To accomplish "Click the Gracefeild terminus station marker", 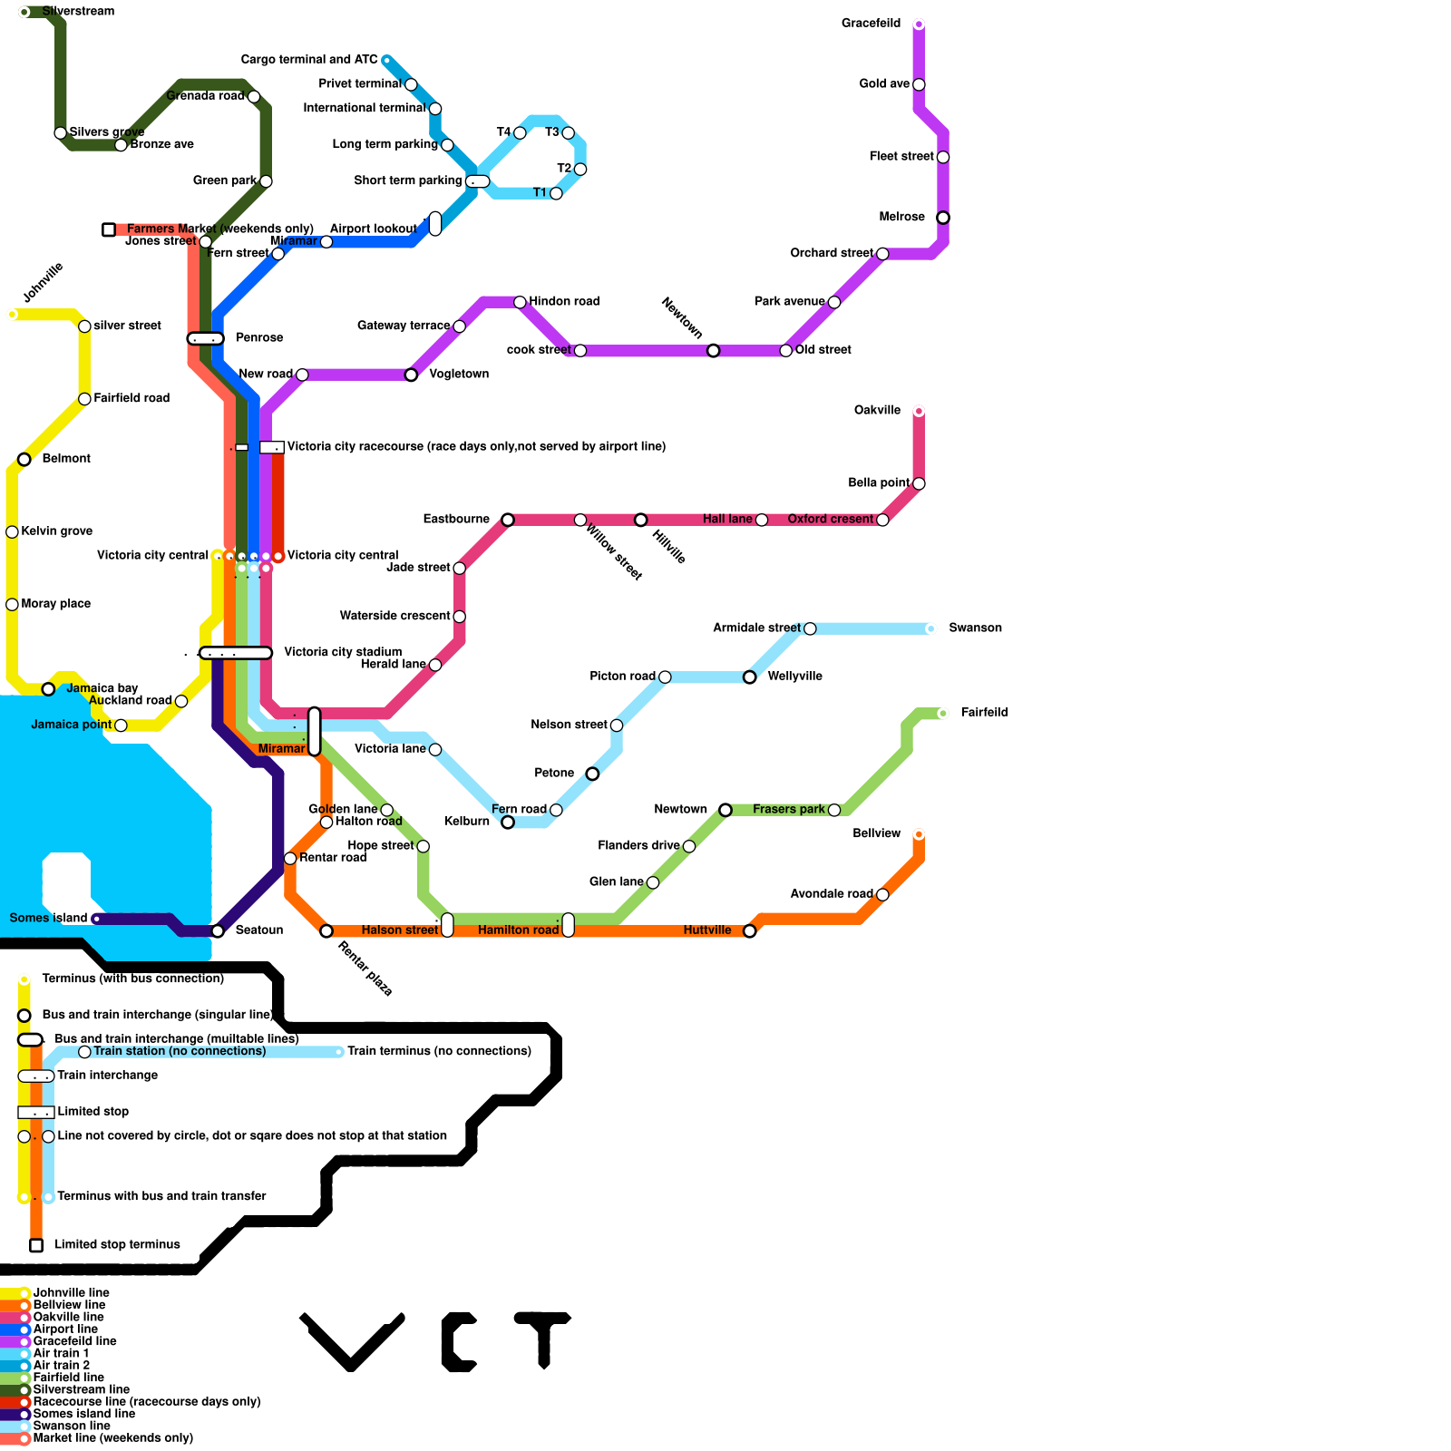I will point(919,24).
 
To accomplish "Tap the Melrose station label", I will point(901,217).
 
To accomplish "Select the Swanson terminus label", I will point(975,628).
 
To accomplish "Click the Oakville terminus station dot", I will point(919,412).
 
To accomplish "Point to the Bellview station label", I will point(876,833).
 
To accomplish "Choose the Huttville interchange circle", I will point(749,931).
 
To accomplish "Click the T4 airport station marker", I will point(520,133).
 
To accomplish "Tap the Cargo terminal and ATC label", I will point(308,60).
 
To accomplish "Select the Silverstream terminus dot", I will point(24,12).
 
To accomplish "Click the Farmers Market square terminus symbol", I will point(109,230).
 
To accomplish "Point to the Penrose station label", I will point(259,337).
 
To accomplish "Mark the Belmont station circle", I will point(24,460).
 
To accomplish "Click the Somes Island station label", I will point(48,918).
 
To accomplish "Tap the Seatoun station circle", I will point(218,931).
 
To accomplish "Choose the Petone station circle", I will point(592,774).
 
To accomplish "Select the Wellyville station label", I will point(794,676).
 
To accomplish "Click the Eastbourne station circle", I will point(508,520).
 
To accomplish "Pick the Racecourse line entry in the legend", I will point(146,1401).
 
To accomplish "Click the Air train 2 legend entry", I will point(61,1365).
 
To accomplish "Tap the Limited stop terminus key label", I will point(117,1244).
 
